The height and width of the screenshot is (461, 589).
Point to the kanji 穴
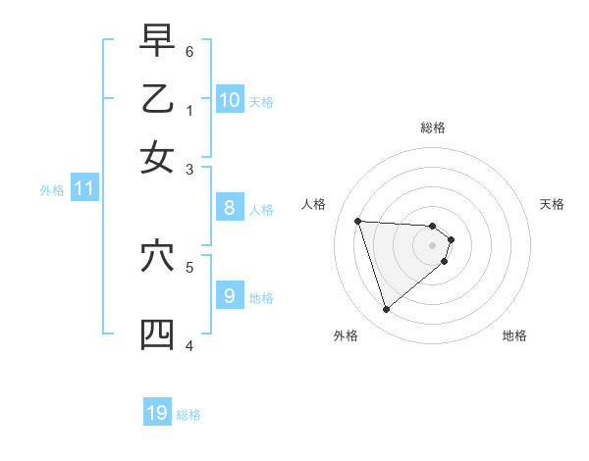point(157,256)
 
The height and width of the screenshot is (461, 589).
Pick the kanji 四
point(157,334)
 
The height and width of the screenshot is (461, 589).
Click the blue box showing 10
point(230,99)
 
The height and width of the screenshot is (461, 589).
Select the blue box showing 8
point(229,207)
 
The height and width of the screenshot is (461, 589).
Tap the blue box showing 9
point(229,295)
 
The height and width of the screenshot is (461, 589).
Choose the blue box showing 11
point(83,188)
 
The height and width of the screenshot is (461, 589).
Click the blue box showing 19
point(157,413)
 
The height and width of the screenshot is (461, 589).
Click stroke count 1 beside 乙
point(189,110)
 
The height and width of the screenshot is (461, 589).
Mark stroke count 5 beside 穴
point(189,266)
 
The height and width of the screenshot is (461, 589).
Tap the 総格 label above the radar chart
point(433,128)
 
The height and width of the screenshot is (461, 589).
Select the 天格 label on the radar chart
point(552,204)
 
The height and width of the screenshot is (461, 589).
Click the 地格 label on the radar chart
point(514,335)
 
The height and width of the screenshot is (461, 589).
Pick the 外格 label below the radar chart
point(346,335)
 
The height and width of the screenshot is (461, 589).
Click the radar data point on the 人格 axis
point(358,221)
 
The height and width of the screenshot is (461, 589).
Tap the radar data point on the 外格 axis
point(387,310)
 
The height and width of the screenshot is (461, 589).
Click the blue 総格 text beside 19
point(188,415)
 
